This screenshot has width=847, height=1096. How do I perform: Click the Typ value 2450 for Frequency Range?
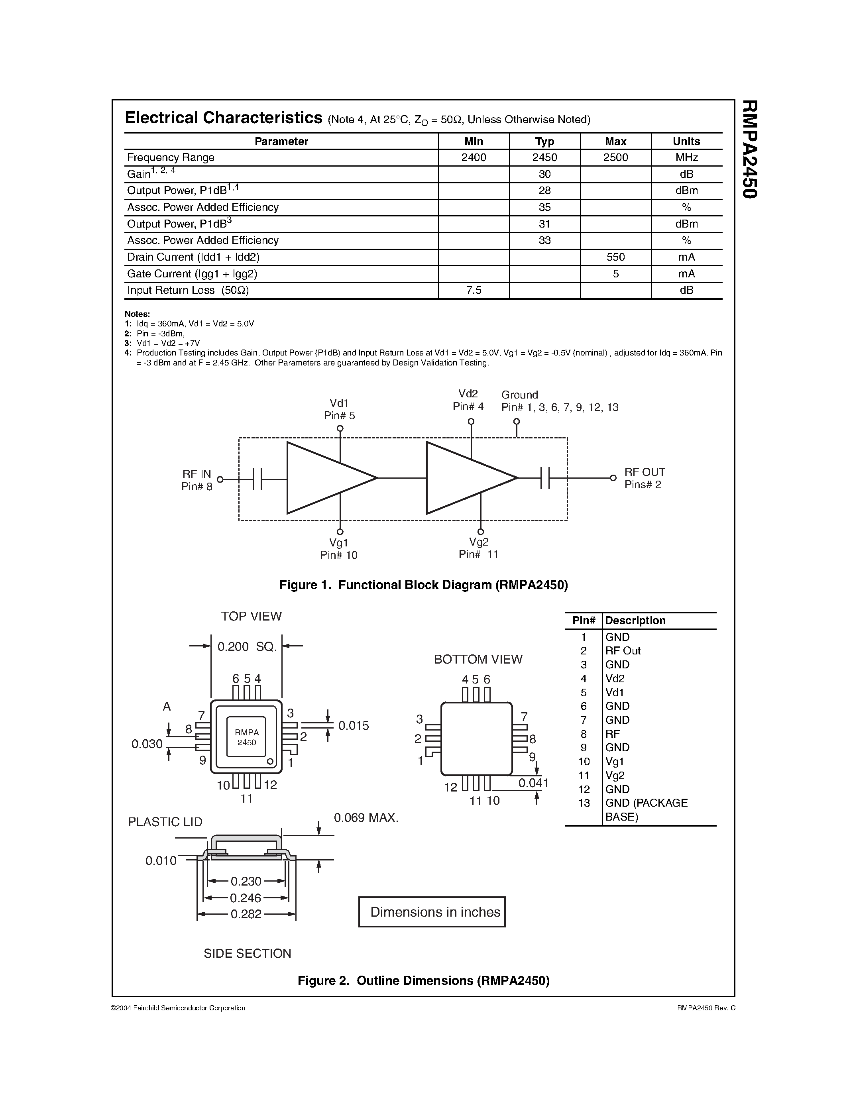544,157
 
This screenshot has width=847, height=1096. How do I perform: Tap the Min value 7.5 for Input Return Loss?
474,290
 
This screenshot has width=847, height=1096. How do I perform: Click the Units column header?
686,141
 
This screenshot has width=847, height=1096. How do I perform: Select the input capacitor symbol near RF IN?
257,479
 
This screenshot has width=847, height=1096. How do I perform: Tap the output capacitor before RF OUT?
545,478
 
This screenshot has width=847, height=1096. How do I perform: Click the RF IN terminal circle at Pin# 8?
220,479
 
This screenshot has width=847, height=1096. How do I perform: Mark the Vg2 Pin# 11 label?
478,548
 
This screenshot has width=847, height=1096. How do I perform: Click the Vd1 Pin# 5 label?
339,409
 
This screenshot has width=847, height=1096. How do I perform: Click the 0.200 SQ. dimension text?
247,647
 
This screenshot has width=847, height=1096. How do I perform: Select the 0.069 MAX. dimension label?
366,818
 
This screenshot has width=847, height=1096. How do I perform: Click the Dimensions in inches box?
432,912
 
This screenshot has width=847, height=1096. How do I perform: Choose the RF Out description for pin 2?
623,650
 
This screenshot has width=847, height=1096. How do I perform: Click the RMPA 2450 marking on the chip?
246,737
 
